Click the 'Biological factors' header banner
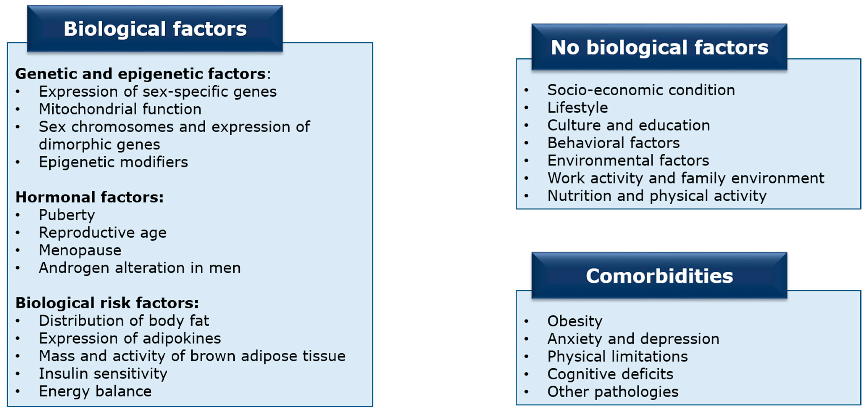(x=155, y=29)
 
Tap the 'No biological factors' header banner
(x=659, y=47)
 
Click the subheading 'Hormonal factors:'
(x=89, y=197)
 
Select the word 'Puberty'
(x=67, y=215)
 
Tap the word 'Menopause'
(x=80, y=250)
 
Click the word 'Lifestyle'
(x=578, y=108)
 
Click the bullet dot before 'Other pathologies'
(x=526, y=392)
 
